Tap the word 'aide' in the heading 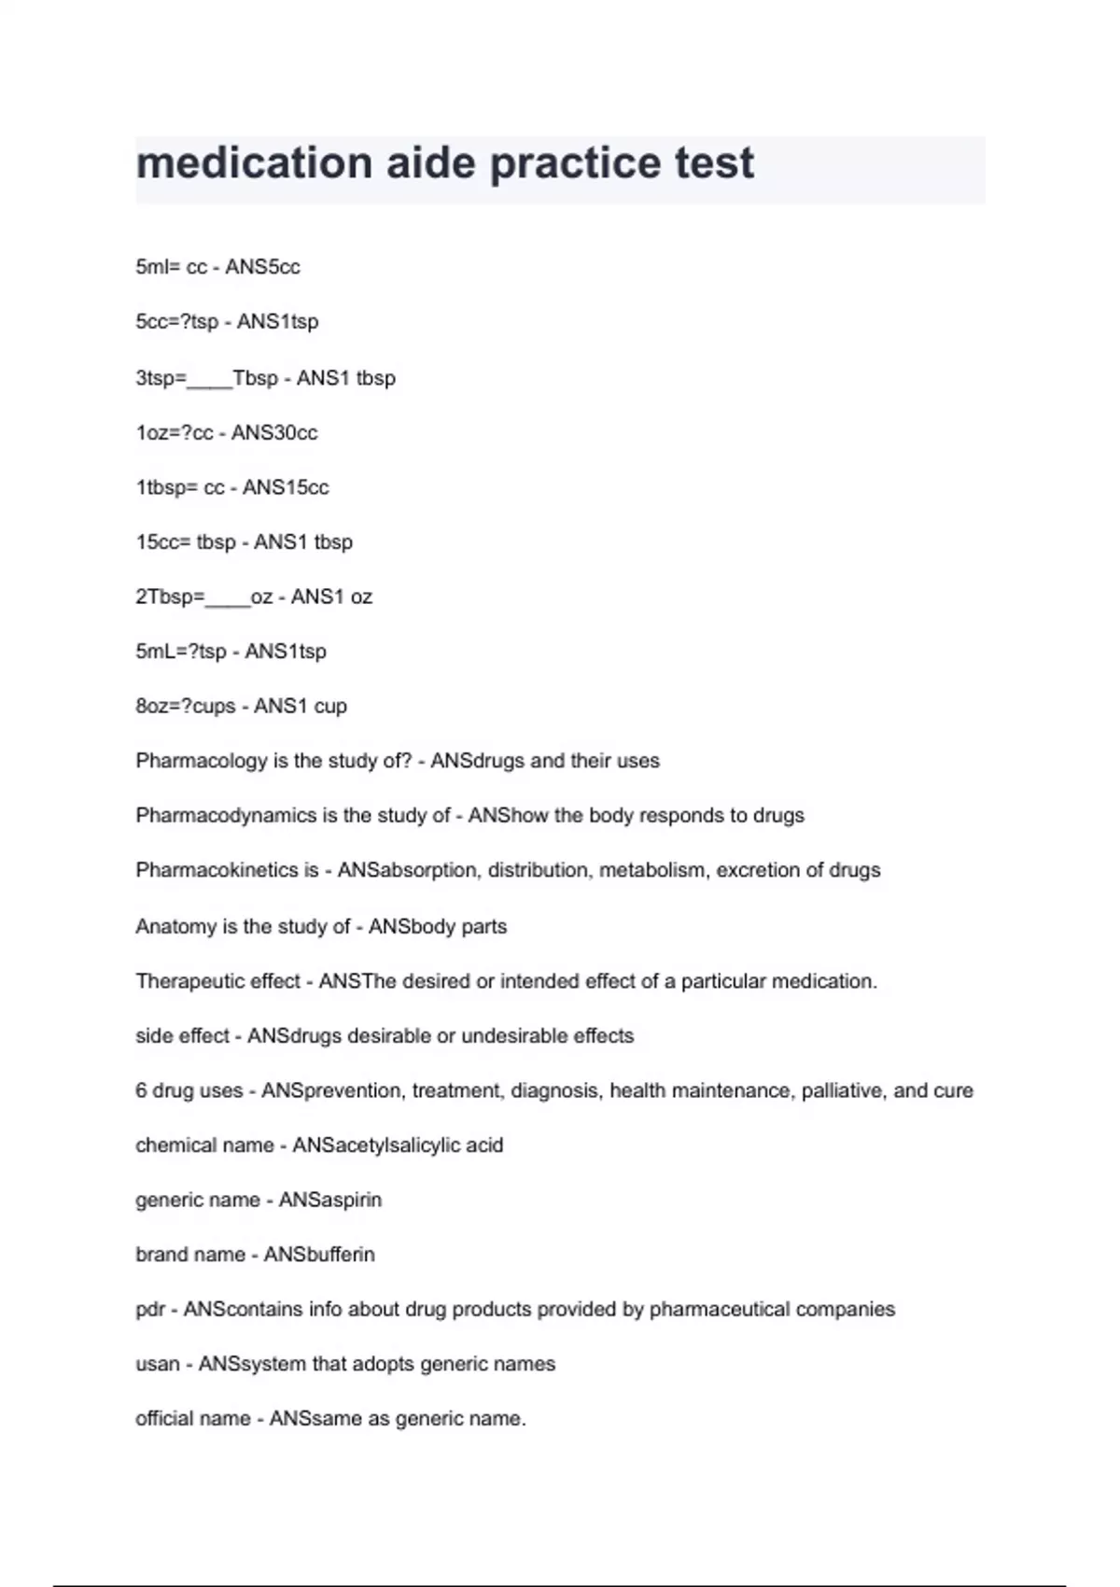coord(431,162)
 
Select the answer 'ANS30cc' coord(274,433)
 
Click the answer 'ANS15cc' coord(286,487)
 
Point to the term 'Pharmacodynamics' coord(226,816)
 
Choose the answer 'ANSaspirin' coord(330,1201)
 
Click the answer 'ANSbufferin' coord(319,1255)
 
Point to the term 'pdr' coord(150,1310)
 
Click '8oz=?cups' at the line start coord(186,707)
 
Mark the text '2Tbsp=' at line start coord(169,597)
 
